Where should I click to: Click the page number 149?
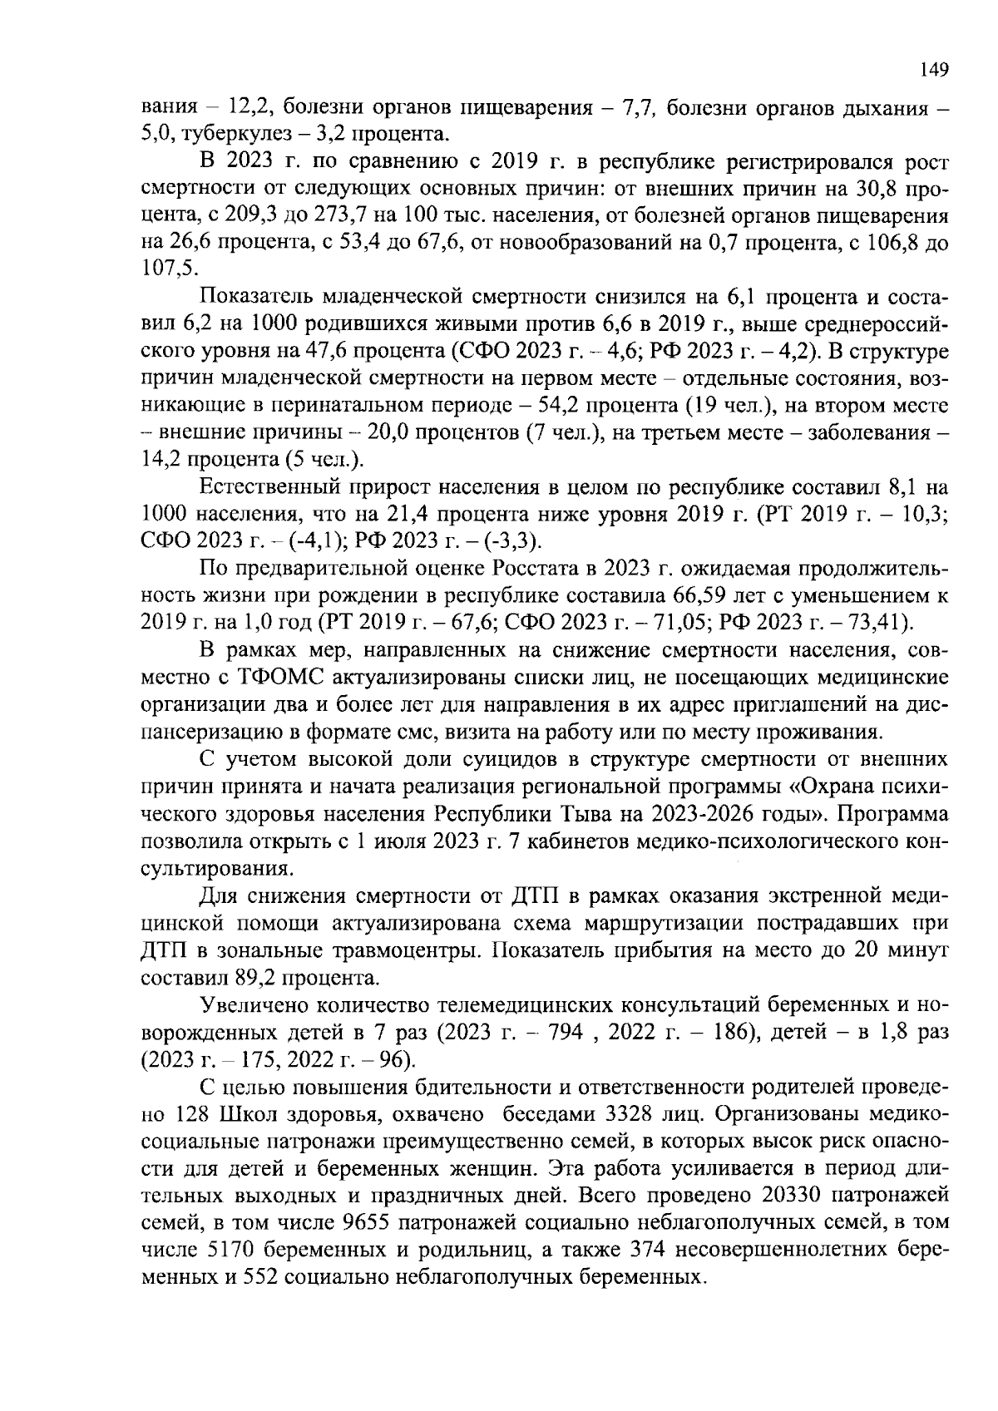935,69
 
